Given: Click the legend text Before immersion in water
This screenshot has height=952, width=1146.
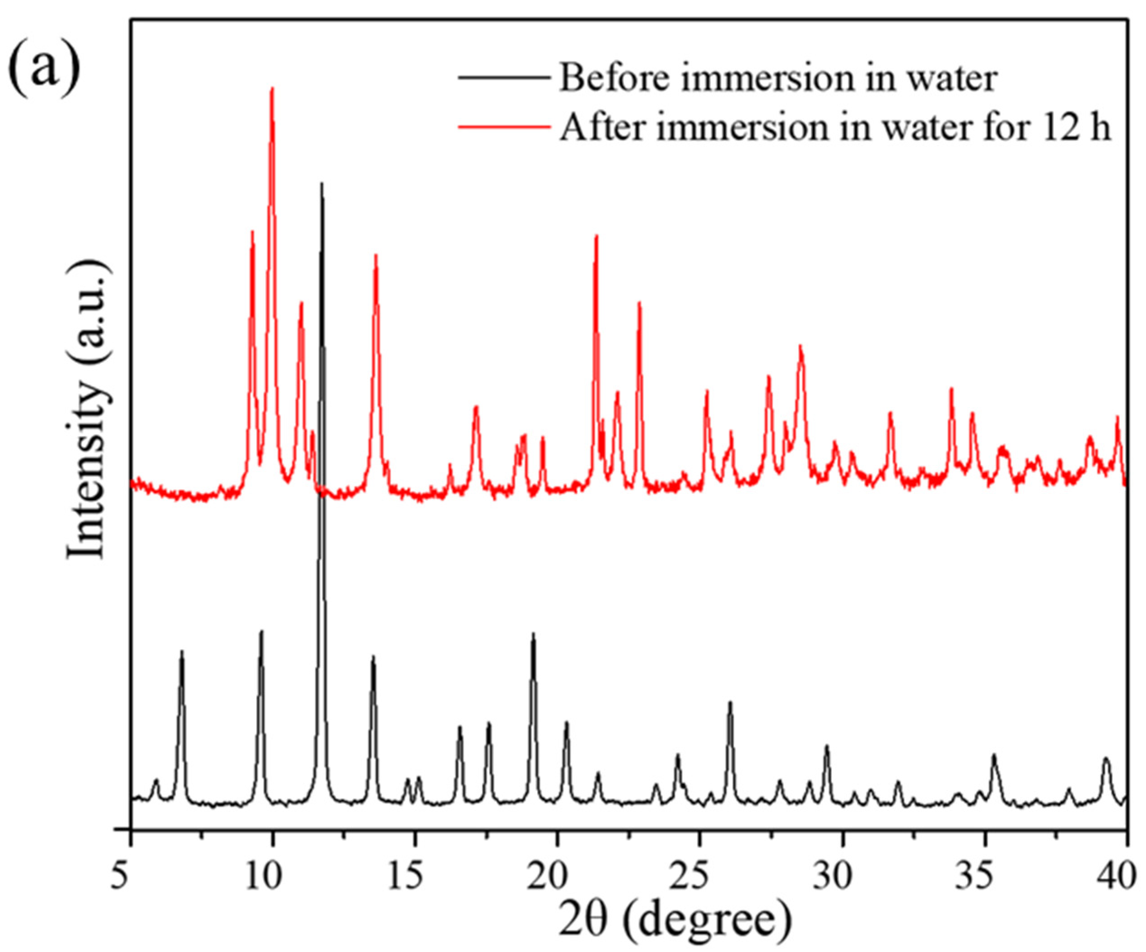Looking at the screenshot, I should [778, 78].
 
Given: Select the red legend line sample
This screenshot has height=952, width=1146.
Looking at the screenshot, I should [503, 125].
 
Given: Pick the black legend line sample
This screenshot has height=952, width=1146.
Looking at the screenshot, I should [503, 78].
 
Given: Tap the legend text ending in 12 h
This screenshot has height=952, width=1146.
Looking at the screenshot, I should [835, 128].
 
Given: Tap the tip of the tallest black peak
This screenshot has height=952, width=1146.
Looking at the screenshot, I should [321, 183].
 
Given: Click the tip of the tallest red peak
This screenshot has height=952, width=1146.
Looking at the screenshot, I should [272, 88].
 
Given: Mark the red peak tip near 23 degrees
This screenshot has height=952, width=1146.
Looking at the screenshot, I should [639, 303].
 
